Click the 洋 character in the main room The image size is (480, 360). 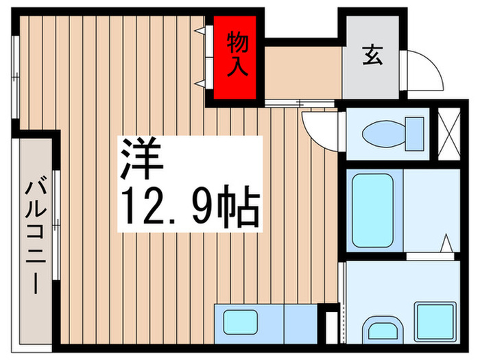[143, 158]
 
